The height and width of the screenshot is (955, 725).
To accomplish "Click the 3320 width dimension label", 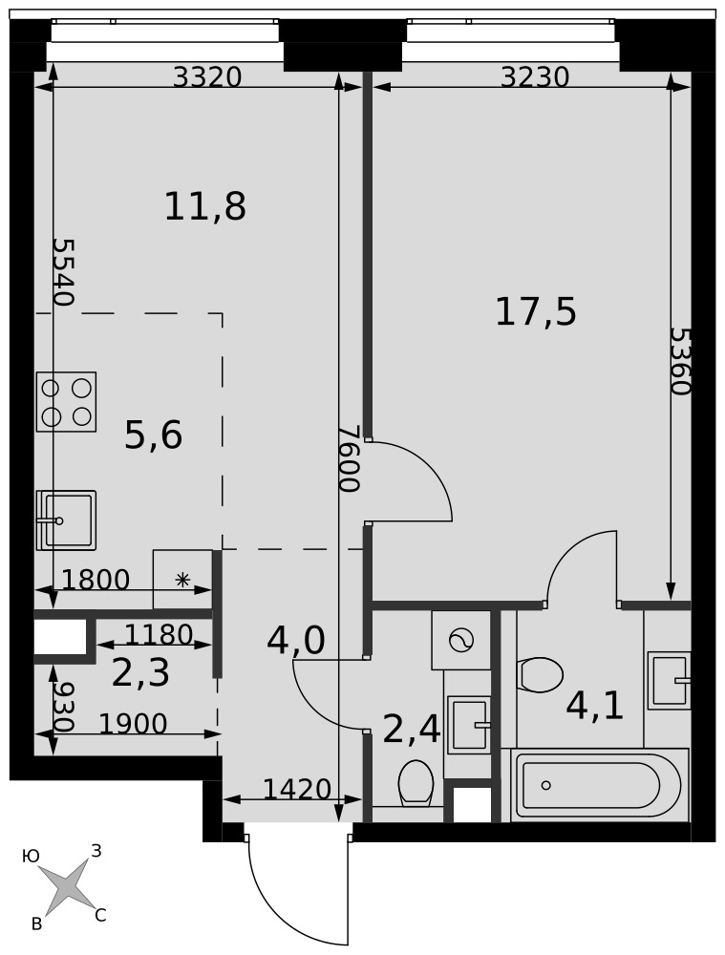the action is [207, 77].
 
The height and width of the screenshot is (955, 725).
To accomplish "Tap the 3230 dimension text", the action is [535, 77].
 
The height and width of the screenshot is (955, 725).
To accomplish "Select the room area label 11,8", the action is [205, 206].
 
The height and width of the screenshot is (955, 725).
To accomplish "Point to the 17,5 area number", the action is [536, 312].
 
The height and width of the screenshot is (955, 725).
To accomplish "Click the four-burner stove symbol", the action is [67, 402].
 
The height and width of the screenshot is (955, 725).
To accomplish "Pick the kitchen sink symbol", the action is [66, 520].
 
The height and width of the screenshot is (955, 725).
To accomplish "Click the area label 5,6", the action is [154, 435].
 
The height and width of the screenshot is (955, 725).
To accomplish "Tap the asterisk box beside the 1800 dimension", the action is [182, 580].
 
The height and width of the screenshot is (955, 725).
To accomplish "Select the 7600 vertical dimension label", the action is [351, 458].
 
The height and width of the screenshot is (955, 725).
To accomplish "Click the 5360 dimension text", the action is [680, 361].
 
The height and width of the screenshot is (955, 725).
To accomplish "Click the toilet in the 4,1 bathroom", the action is [542, 674].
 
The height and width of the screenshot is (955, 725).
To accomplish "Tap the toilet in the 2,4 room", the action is [416, 784].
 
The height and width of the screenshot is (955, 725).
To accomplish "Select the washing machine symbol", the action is [461, 640].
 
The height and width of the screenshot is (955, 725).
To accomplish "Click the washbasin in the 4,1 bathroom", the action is [669, 680].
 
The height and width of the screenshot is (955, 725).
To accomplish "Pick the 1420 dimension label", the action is [297, 790].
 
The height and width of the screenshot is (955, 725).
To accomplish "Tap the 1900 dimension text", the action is [133, 724].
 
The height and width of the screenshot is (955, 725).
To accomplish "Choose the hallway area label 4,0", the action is [296, 641].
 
